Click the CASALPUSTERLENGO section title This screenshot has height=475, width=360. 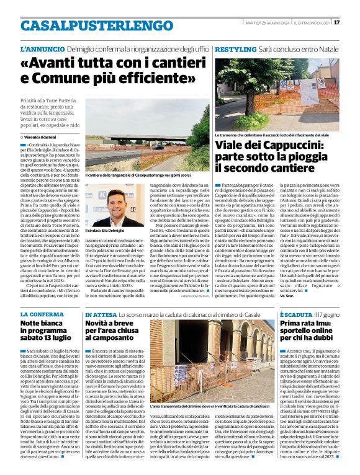pyautogui.click(x=88, y=25)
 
